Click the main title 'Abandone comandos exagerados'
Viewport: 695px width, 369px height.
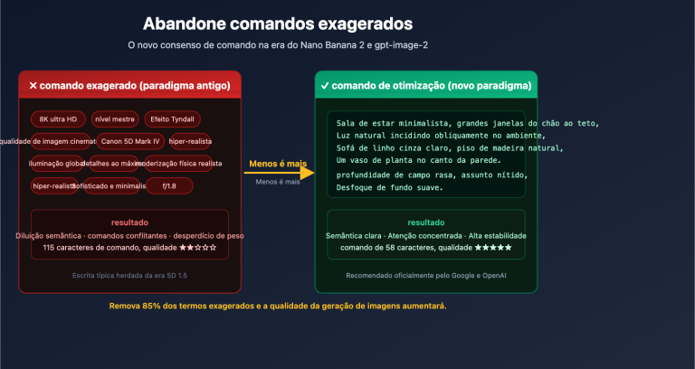[x=279, y=23]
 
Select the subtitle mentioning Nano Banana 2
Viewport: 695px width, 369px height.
[x=277, y=45]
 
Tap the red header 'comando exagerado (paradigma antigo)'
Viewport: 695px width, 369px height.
[x=130, y=86]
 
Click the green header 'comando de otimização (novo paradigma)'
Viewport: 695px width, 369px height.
[x=425, y=86]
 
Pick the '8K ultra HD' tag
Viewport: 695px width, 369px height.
[x=58, y=119]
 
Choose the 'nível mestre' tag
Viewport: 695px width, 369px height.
[x=114, y=119]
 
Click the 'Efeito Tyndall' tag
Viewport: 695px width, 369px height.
[x=171, y=119]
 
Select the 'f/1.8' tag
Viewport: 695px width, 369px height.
[x=168, y=185]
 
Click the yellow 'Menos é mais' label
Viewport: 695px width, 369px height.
[x=278, y=165]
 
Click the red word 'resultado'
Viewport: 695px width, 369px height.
[x=129, y=222]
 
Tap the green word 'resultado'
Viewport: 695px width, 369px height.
[x=425, y=222]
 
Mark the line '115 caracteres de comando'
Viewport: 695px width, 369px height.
[x=129, y=247]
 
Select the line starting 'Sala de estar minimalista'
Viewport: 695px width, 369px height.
[x=467, y=123]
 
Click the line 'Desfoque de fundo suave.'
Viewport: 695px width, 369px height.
[x=389, y=187]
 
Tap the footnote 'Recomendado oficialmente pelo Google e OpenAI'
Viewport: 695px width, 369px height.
[x=425, y=275]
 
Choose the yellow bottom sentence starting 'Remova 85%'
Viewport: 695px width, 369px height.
[x=278, y=306]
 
